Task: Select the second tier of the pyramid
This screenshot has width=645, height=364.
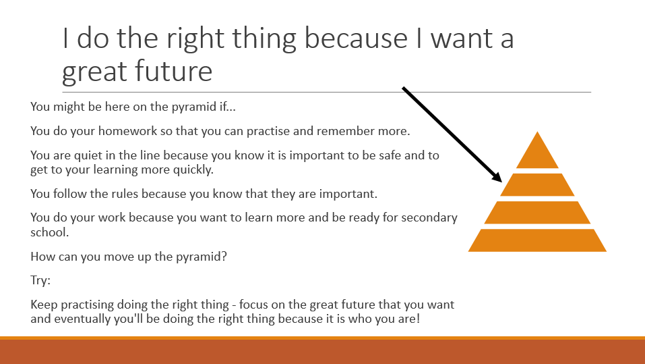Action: pos(537,184)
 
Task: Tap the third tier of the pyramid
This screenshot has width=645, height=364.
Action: pos(537,212)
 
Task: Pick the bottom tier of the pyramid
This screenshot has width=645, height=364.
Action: pos(537,240)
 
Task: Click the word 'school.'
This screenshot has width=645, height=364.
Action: pos(49,232)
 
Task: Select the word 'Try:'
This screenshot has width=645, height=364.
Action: pos(40,281)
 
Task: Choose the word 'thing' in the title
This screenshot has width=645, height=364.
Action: pos(264,39)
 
